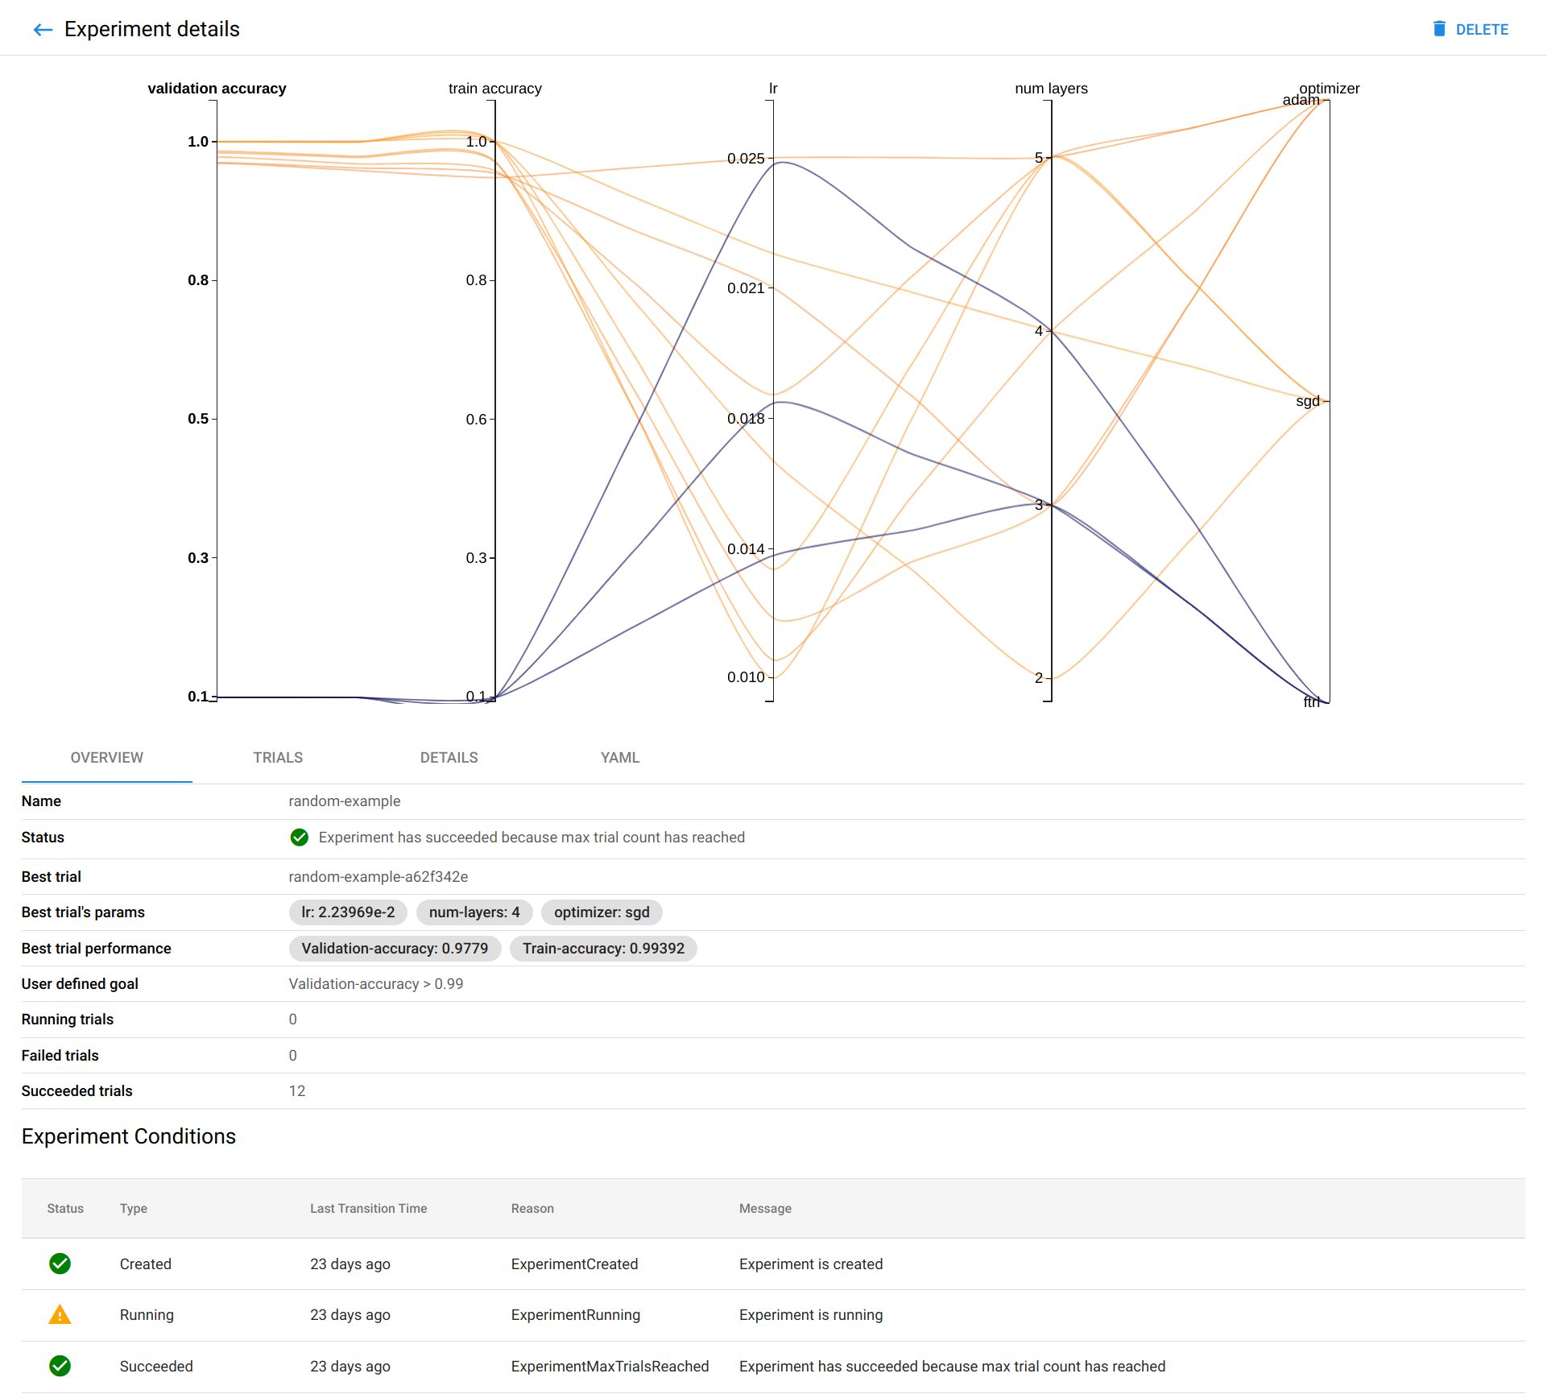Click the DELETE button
pyautogui.click(x=1470, y=29)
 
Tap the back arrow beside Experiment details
pyautogui.click(x=43, y=30)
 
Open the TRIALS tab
pyautogui.click(x=278, y=757)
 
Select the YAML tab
pyautogui.click(x=619, y=757)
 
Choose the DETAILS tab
pyautogui.click(x=449, y=757)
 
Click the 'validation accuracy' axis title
pyautogui.click(x=217, y=89)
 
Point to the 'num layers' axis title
pyautogui.click(x=1050, y=89)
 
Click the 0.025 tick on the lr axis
pyautogui.click(x=746, y=159)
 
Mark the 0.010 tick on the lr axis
pyautogui.click(x=746, y=677)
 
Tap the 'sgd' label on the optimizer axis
pyautogui.click(x=1307, y=401)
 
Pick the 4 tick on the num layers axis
pyautogui.click(x=1038, y=331)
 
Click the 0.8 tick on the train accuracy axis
pyautogui.click(x=476, y=280)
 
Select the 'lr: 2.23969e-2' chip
pyautogui.click(x=348, y=912)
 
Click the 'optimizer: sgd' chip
pyautogui.click(x=601, y=912)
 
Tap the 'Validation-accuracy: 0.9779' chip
pyautogui.click(x=395, y=949)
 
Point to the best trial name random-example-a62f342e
pyautogui.click(x=378, y=876)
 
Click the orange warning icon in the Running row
pyautogui.click(x=60, y=1315)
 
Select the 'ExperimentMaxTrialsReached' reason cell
pyautogui.click(x=610, y=1367)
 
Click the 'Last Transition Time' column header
pyautogui.click(x=368, y=1208)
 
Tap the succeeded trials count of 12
pyautogui.click(x=297, y=1091)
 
